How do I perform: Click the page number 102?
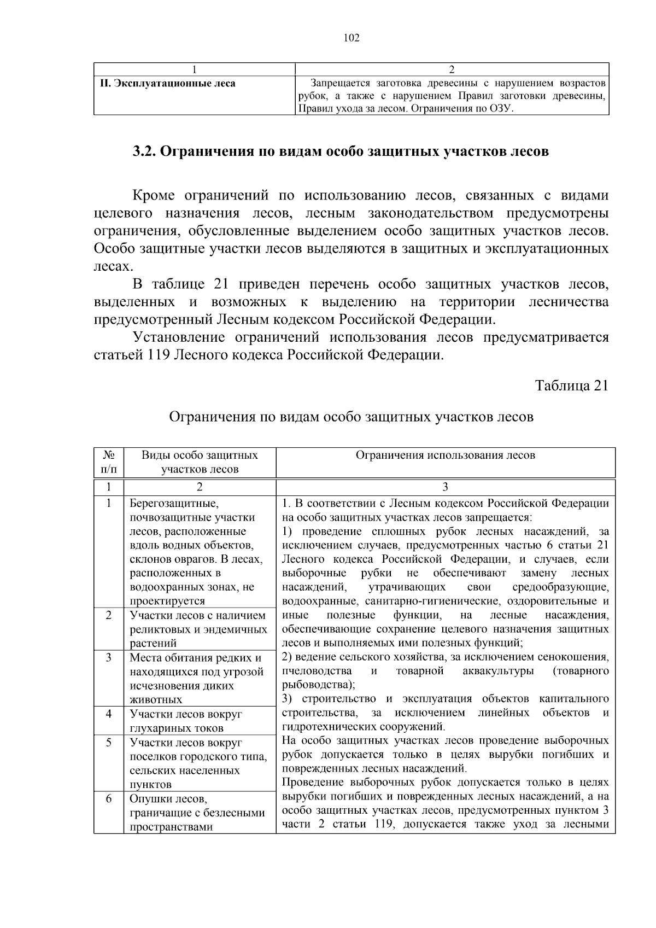(x=352, y=38)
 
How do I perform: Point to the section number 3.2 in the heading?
(x=144, y=151)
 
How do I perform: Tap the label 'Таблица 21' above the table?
(x=571, y=386)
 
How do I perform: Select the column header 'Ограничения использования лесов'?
(x=445, y=455)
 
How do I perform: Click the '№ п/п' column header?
(x=108, y=462)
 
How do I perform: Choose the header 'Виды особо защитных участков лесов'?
(x=200, y=462)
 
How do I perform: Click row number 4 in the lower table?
(x=108, y=714)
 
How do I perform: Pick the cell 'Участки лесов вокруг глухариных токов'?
(x=186, y=721)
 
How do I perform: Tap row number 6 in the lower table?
(x=108, y=799)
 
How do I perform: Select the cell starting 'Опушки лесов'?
(x=197, y=813)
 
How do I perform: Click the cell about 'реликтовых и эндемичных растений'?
(x=198, y=629)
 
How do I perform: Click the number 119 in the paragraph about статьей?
(x=159, y=355)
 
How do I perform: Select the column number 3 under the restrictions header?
(x=445, y=487)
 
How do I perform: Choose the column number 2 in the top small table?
(x=452, y=69)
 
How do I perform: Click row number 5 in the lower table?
(x=108, y=742)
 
